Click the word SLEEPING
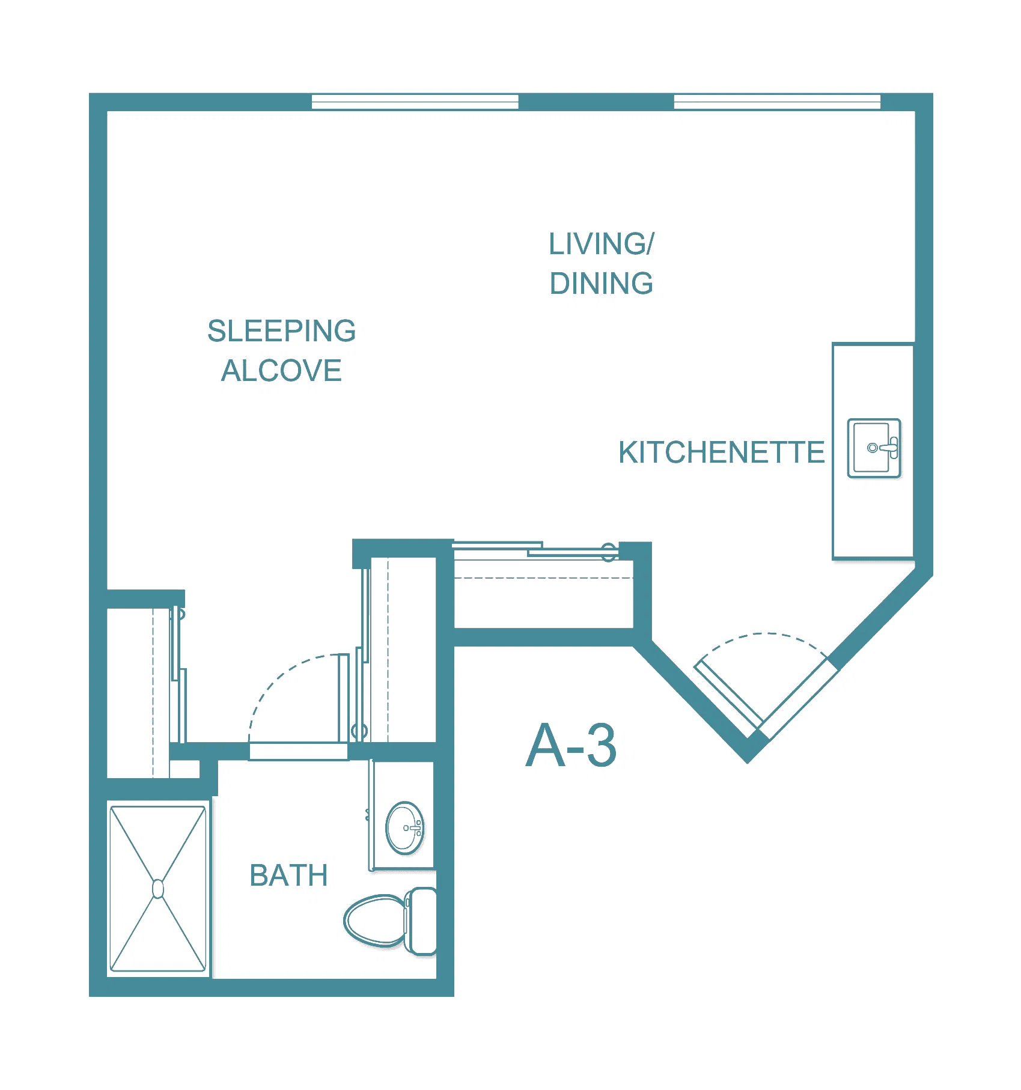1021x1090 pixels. coord(281,331)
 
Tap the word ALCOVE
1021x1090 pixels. coord(281,371)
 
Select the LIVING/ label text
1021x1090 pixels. coord(601,244)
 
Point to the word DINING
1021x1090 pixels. coord(601,284)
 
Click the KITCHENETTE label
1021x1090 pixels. coord(721,452)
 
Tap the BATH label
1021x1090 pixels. coord(288,875)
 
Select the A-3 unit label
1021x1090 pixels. coord(571,746)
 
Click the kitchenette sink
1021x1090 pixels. coord(874,448)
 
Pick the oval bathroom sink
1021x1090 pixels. coord(405,828)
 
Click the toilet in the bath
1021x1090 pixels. coord(390,921)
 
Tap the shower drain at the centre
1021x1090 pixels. coord(158,889)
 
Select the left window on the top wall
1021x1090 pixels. coord(415,102)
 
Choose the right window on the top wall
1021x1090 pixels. coord(777,102)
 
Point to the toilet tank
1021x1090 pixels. coord(421,921)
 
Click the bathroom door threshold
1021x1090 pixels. coord(299,751)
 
